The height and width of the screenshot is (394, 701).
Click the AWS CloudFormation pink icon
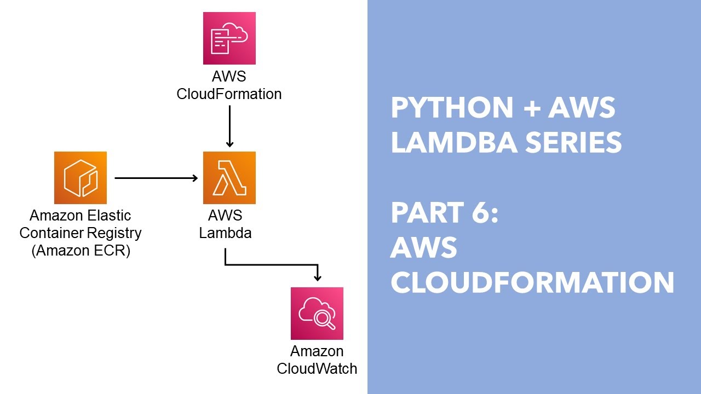pyautogui.click(x=229, y=38)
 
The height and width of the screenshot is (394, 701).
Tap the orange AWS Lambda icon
pyautogui.click(x=229, y=178)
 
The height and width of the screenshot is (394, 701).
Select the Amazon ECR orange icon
pyautogui.click(x=80, y=178)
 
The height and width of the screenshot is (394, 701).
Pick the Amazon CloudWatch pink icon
pyautogui.click(x=317, y=313)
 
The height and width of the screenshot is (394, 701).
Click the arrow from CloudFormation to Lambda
pyautogui.click(x=229, y=126)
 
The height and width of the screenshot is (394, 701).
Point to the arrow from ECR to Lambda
pyautogui.click(x=156, y=178)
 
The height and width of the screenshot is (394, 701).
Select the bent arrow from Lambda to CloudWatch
pyautogui.click(x=271, y=265)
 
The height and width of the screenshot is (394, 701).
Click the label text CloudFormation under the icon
pyautogui.click(x=229, y=94)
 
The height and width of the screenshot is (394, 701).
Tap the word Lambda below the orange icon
pyautogui.click(x=225, y=233)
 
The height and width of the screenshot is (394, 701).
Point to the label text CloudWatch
pyautogui.click(x=317, y=369)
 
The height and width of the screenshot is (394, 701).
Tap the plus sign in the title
pyautogui.click(x=531, y=108)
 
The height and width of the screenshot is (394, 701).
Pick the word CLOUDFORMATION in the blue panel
pyautogui.click(x=532, y=283)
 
